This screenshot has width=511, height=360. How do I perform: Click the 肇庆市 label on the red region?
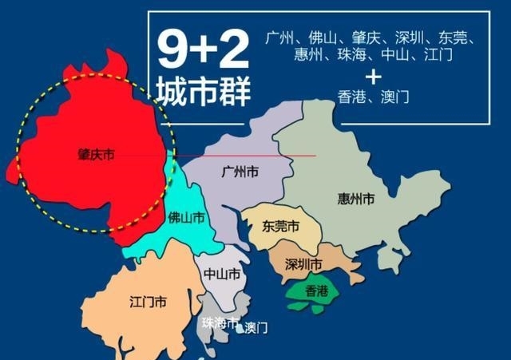[x=91, y=156]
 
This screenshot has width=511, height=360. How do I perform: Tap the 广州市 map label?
[x=239, y=172]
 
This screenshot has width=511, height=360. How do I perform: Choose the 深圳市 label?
[x=304, y=264]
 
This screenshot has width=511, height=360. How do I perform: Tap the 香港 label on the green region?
[x=316, y=291]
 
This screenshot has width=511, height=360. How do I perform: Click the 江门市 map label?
[x=148, y=303]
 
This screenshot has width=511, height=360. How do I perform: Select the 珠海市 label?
[x=220, y=323]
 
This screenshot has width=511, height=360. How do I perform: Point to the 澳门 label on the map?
[x=255, y=327]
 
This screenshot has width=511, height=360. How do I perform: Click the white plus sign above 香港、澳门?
[x=372, y=77]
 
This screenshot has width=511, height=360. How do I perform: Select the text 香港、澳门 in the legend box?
[x=372, y=96]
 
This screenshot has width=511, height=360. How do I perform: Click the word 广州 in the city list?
[x=281, y=38]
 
